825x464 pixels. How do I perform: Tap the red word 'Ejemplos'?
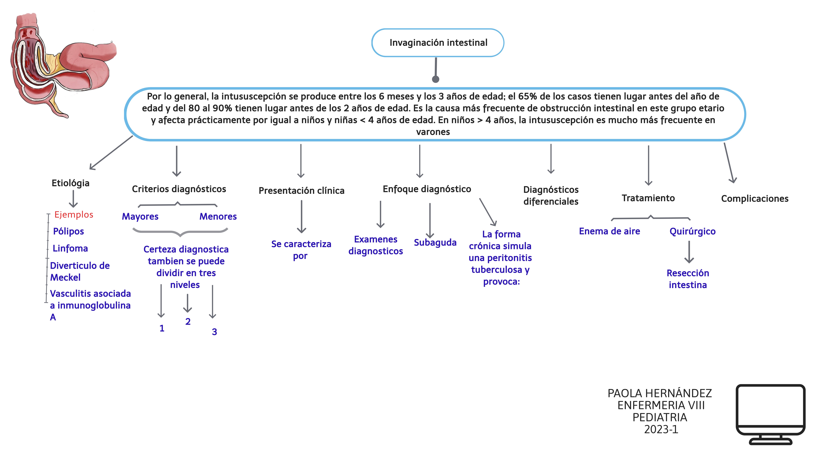pyautogui.click(x=74, y=215)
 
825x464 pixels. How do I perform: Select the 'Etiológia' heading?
pyautogui.click(x=70, y=183)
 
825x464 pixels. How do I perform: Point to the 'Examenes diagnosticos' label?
pyautogui.click(x=376, y=245)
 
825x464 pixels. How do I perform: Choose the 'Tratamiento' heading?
pyautogui.click(x=648, y=198)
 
